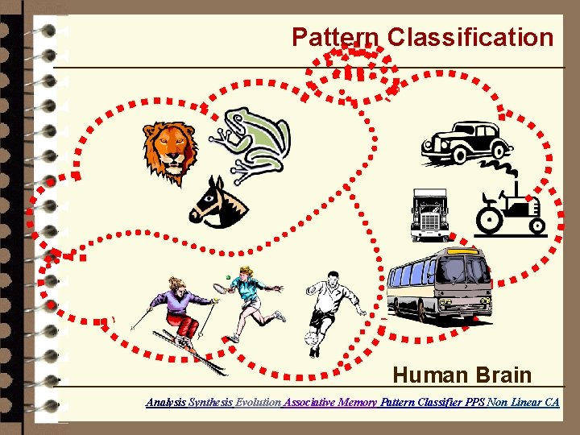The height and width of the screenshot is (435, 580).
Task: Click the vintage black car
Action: (465, 143)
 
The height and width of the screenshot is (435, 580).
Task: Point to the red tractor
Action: (510, 209)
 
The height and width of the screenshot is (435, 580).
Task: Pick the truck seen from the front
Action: (429, 215)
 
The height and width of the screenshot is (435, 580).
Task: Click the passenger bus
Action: (440, 283)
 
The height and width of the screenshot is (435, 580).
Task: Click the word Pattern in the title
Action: (335, 37)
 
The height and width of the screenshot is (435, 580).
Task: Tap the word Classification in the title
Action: (470, 37)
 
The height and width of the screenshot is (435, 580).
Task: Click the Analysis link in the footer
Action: (165, 401)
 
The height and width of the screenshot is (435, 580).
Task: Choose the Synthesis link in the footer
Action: (210, 401)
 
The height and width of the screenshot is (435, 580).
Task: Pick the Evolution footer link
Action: (258, 401)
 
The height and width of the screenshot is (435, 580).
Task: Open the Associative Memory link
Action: (329, 401)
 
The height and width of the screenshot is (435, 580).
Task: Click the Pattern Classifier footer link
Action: (420, 401)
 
